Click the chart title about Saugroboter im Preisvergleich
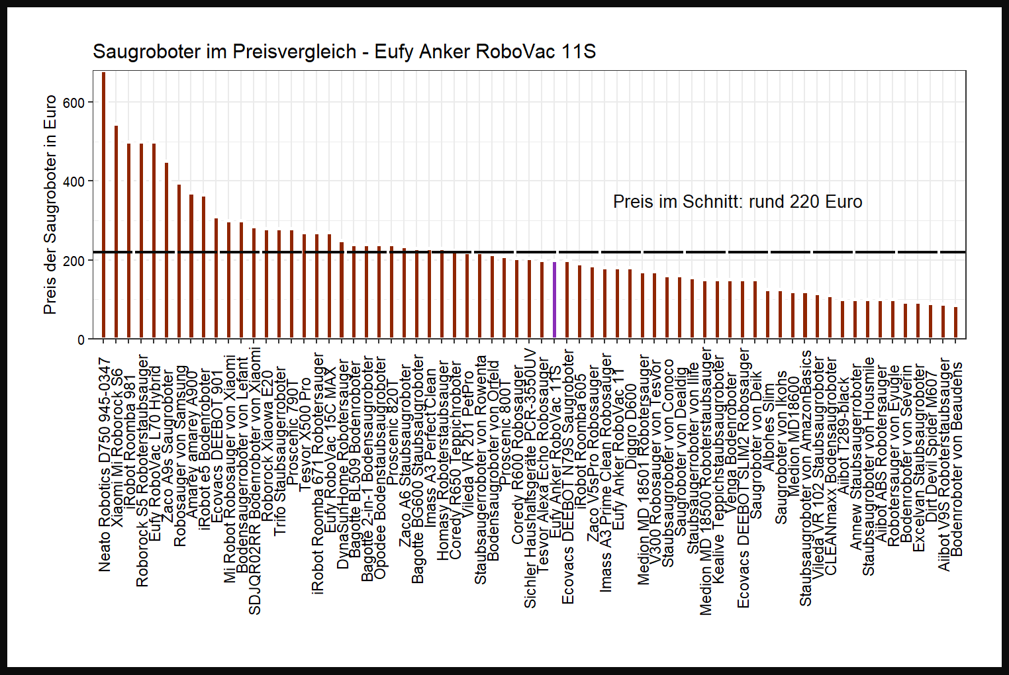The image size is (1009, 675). (344, 52)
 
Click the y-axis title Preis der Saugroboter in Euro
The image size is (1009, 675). (50, 205)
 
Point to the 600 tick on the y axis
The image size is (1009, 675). (74, 103)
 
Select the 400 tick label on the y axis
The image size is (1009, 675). (74, 182)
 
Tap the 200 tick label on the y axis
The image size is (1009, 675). (74, 261)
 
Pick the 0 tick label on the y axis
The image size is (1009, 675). (81, 339)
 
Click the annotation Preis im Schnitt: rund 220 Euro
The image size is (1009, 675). (738, 202)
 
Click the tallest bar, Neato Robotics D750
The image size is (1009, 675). (103, 205)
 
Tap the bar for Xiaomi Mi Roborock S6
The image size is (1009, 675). (116, 232)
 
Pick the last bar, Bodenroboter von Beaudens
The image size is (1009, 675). (955, 322)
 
